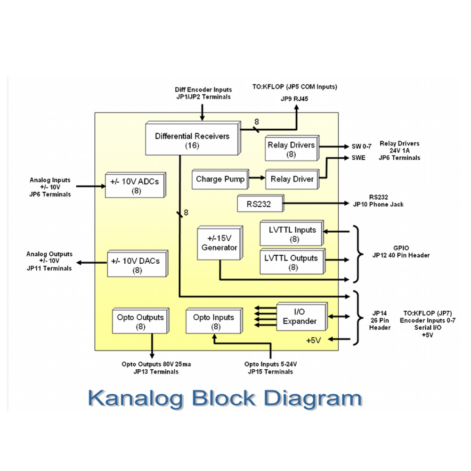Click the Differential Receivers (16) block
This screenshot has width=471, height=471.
[192, 140]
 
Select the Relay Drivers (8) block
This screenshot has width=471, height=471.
[291, 149]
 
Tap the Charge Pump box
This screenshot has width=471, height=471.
[220, 179]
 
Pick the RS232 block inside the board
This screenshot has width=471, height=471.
[259, 204]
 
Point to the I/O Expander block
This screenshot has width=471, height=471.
[301, 317]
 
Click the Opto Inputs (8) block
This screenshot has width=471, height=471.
[213, 322]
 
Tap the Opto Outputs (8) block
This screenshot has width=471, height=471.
[140, 322]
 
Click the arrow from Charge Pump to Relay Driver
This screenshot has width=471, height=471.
[257, 179]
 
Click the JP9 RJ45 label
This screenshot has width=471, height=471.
[295, 98]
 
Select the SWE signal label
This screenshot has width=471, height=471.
[358, 158]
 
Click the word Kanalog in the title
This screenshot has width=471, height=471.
[135, 398]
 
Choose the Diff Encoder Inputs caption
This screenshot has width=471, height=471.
[203, 89]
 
